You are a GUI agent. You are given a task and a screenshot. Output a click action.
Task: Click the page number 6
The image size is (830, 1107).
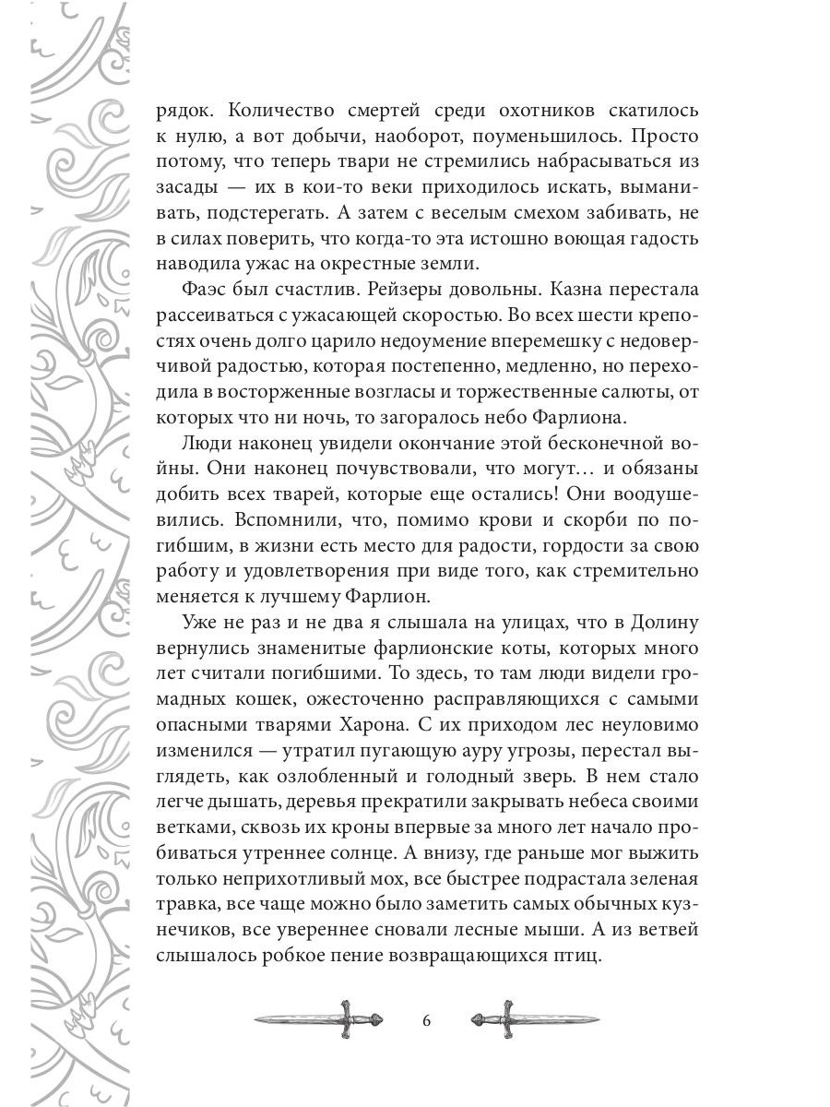point(425,1021)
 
